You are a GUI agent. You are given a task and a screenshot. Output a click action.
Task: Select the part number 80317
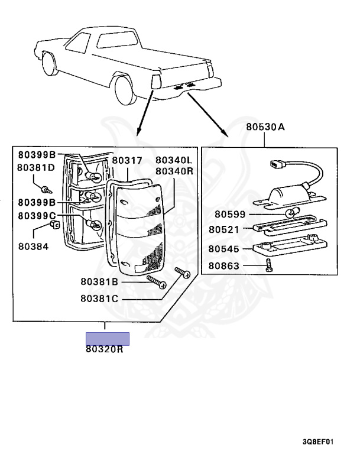(127, 160)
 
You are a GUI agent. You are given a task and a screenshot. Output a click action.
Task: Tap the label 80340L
(174, 160)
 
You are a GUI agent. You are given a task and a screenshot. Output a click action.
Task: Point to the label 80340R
(174, 171)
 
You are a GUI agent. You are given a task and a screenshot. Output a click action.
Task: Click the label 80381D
(35, 167)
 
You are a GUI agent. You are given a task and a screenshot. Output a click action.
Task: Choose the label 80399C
(37, 216)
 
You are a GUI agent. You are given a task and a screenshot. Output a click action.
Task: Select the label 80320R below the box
(104, 349)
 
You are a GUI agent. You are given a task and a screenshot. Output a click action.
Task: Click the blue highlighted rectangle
(108, 338)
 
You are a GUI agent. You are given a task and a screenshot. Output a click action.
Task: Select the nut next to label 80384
(55, 227)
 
